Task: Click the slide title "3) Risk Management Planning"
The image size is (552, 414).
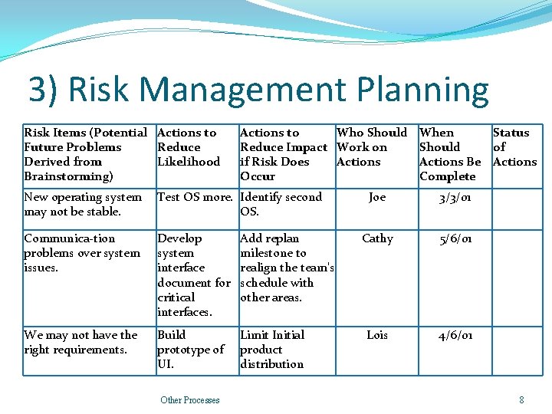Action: pyautogui.click(x=258, y=90)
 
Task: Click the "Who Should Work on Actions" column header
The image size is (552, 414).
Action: pyautogui.click(x=372, y=147)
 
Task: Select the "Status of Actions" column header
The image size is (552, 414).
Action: pyautogui.click(x=514, y=147)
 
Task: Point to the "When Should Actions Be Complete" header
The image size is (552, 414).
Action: pyautogui.click(x=450, y=154)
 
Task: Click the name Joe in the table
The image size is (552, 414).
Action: pyautogui.click(x=377, y=197)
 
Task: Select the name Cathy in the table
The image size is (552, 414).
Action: pyautogui.click(x=377, y=238)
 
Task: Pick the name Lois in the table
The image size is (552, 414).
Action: pyautogui.click(x=377, y=335)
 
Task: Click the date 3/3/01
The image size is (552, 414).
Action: pyautogui.click(x=455, y=198)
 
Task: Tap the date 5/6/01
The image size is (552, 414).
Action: pyautogui.click(x=455, y=239)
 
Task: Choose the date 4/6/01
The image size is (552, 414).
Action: pyautogui.click(x=455, y=336)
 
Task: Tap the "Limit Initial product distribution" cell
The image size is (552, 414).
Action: pyautogui.click(x=272, y=349)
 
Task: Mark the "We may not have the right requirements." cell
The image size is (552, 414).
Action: pyautogui.click(x=80, y=342)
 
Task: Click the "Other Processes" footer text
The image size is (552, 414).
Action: pyautogui.click(x=190, y=400)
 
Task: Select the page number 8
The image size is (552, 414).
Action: pyautogui.click(x=521, y=400)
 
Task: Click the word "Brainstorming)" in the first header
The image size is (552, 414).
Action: pyautogui.click(x=68, y=176)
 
